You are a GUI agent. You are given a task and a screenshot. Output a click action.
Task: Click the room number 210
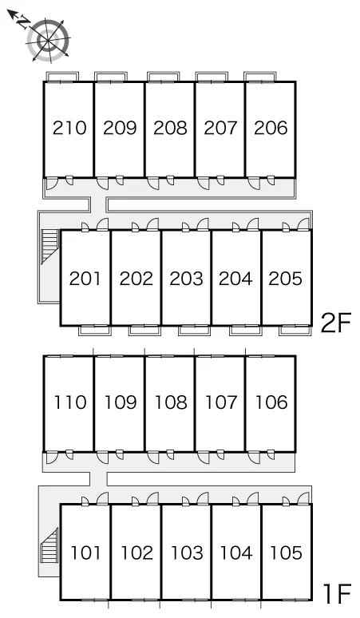69,128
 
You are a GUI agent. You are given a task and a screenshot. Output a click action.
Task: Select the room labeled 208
170,128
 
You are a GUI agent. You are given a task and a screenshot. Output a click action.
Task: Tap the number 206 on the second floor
271,128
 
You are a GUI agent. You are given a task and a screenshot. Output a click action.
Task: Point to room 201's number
85,279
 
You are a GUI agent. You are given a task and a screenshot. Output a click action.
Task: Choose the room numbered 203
186,279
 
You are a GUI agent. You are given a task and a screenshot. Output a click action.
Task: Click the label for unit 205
286,279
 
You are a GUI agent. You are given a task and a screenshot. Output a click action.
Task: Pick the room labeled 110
69,402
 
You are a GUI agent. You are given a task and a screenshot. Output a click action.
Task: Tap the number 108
171,402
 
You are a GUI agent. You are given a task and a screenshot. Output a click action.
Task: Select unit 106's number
271,402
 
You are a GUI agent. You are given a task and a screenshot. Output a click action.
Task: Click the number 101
85,553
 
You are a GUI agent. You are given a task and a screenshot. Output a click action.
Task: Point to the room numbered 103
187,553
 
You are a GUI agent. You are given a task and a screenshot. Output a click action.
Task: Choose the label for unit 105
286,553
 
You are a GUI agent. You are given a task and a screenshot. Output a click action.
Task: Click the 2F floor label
335,323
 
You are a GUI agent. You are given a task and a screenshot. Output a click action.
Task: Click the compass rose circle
49,40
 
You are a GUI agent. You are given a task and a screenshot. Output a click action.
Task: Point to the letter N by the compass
23,22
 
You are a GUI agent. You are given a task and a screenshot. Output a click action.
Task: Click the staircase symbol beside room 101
49,545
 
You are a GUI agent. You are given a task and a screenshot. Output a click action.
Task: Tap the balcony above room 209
111,77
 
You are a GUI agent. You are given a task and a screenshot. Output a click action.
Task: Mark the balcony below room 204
246,331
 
